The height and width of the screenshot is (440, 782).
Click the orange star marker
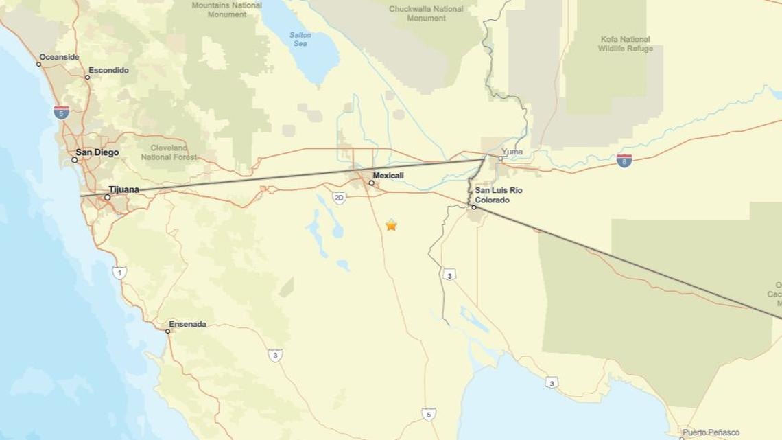tap(391, 224)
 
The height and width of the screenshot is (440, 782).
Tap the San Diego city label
tap(97, 152)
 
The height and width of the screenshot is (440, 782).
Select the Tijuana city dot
tap(107, 198)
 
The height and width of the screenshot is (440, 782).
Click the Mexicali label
tap(388, 176)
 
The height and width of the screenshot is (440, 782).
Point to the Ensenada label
tap(187, 324)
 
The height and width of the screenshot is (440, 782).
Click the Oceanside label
tap(59, 57)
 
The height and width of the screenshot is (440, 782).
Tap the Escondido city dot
tap(87, 77)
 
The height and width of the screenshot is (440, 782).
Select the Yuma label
tap(512, 152)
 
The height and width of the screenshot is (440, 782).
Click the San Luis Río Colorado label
tap(498, 195)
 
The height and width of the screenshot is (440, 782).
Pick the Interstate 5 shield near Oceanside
tap(61, 113)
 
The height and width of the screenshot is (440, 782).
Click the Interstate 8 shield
tap(624, 161)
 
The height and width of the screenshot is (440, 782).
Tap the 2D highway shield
tap(339, 198)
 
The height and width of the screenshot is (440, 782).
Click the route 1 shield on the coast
tap(119, 273)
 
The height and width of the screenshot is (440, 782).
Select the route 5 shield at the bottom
tap(428, 414)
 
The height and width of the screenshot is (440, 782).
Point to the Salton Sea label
tap(300, 39)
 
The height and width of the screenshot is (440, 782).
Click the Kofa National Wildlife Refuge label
tap(625, 44)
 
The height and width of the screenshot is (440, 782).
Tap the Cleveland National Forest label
tap(169, 152)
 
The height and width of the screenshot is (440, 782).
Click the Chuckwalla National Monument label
tap(426, 13)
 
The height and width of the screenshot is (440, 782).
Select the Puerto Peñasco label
tap(711, 432)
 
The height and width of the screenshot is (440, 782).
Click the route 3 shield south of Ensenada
tap(274, 355)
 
